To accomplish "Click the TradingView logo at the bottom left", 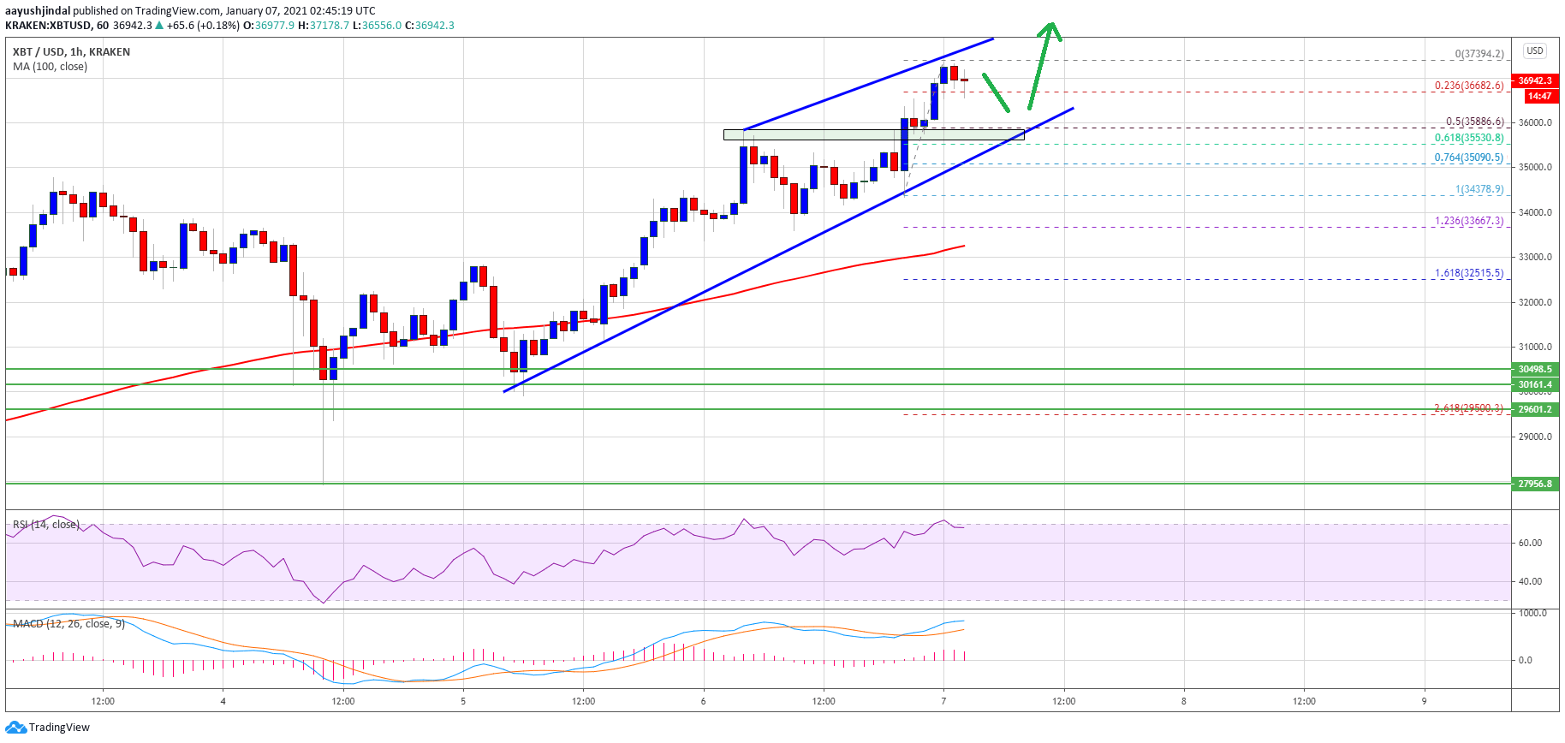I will click(47, 728).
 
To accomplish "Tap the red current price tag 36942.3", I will click(1535, 80).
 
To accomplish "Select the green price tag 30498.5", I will click(1535, 369).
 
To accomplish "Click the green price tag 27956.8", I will click(1535, 484).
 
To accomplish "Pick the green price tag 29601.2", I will click(1535, 409).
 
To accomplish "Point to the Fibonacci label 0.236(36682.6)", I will click(1469, 86).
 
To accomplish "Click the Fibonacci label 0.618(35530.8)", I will click(1469, 138).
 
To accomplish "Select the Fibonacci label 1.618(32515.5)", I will click(1469, 273).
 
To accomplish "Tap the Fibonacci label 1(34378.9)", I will click(1479, 189).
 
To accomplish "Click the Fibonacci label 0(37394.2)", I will click(1479, 53).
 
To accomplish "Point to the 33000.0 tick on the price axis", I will click(1535, 257).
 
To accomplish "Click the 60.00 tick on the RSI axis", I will click(1530, 543).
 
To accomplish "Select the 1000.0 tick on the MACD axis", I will click(1532, 613).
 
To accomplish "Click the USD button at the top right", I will click(1535, 51).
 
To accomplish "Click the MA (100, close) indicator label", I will click(51, 67).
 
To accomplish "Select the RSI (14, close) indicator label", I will click(46, 525).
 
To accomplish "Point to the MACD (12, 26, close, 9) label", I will click(68, 624).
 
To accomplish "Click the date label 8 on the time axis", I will click(1184, 701).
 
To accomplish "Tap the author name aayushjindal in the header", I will click(38, 11).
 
